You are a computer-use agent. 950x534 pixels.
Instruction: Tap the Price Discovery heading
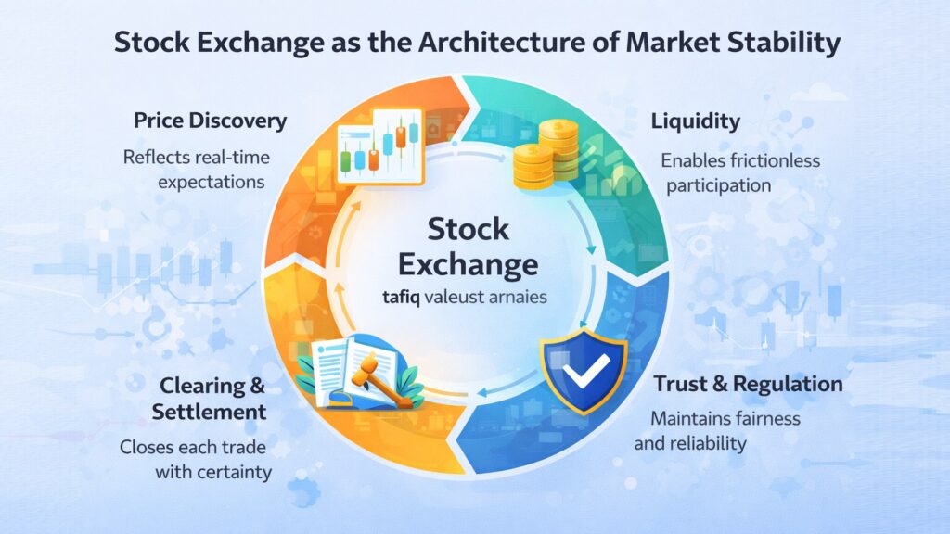point(210,121)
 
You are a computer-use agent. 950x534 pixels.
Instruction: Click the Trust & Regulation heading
point(748,384)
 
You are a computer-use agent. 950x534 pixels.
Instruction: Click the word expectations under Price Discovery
point(212,182)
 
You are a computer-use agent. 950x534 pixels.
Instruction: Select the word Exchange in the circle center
point(469,265)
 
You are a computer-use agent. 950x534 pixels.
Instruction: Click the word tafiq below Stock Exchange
point(404,299)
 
